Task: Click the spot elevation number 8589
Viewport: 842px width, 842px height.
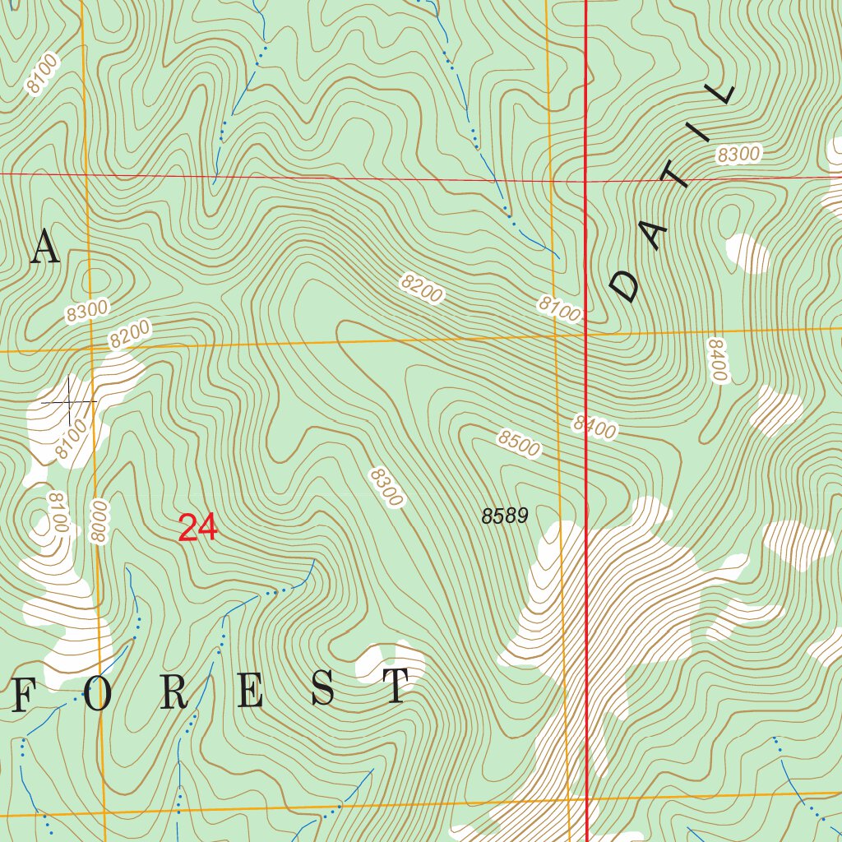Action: pos(504,516)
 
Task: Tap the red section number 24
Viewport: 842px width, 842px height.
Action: pos(197,528)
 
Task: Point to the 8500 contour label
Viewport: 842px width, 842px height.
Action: pos(518,443)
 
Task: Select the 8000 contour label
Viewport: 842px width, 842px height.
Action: pos(99,520)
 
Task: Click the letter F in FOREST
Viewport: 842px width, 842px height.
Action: pos(24,696)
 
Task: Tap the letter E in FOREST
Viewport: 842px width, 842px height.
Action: pos(248,692)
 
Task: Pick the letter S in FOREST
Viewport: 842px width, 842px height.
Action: pos(322,689)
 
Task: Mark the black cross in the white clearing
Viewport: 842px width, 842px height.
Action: pos(69,402)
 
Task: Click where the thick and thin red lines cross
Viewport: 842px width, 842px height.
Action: pos(585,178)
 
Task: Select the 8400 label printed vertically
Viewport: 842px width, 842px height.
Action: pos(717,359)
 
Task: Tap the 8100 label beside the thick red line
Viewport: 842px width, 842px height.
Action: pos(560,308)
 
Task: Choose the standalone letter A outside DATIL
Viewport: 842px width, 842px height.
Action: pos(45,248)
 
